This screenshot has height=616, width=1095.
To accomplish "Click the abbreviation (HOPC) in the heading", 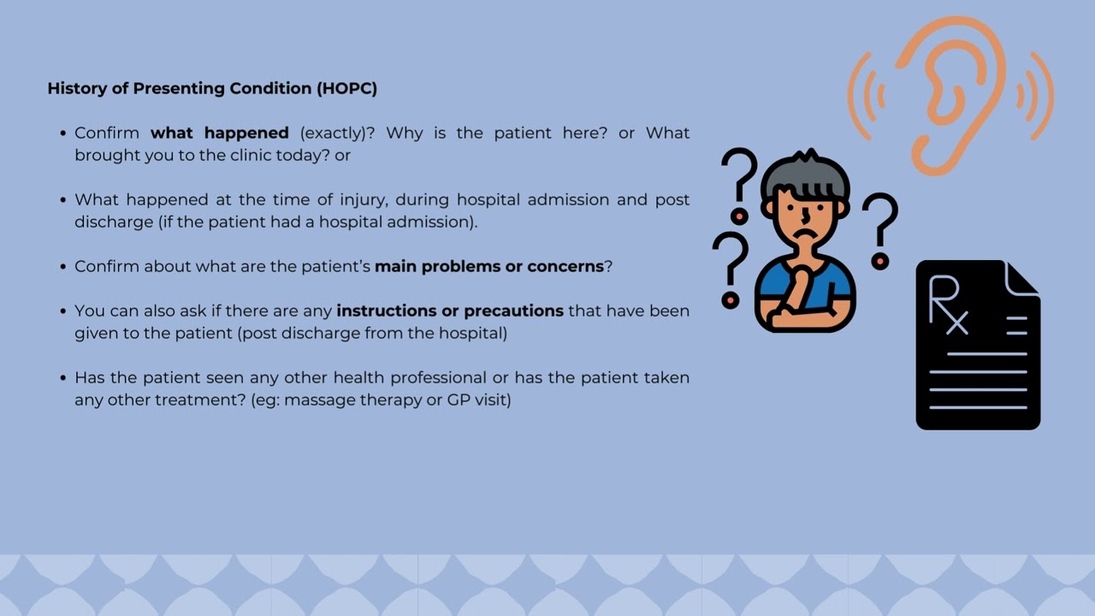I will click(346, 88).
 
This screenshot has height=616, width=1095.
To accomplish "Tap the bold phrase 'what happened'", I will click(220, 133).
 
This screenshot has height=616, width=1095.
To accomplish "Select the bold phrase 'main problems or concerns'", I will click(489, 266).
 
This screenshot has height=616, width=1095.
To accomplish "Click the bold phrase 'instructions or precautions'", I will click(450, 311).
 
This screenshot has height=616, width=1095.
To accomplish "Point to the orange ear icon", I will click(950, 94).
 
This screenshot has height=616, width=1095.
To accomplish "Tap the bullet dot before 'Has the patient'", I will click(63, 377).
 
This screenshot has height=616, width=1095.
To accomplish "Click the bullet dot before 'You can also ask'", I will click(63, 311).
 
